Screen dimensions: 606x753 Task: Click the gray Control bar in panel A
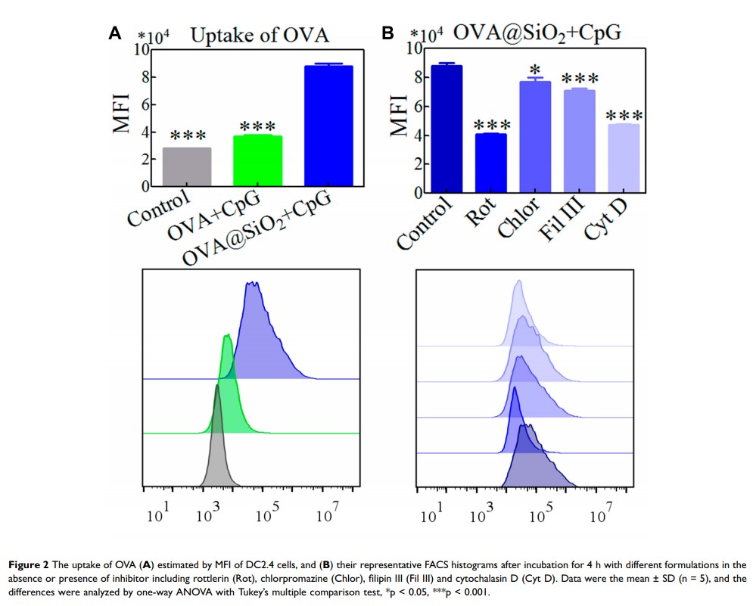(186, 167)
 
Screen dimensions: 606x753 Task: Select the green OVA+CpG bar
(257, 161)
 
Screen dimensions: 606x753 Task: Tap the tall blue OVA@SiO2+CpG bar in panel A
(328, 126)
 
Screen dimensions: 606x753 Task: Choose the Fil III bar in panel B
(579, 141)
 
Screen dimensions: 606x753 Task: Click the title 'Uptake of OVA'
(260, 35)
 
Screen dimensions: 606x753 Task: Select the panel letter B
(387, 33)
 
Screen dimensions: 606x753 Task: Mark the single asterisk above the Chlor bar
(534, 70)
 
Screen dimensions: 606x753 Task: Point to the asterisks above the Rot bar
(489, 125)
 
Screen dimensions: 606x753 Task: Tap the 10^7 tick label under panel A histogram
(325, 516)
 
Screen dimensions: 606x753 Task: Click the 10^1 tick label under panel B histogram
(429, 516)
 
